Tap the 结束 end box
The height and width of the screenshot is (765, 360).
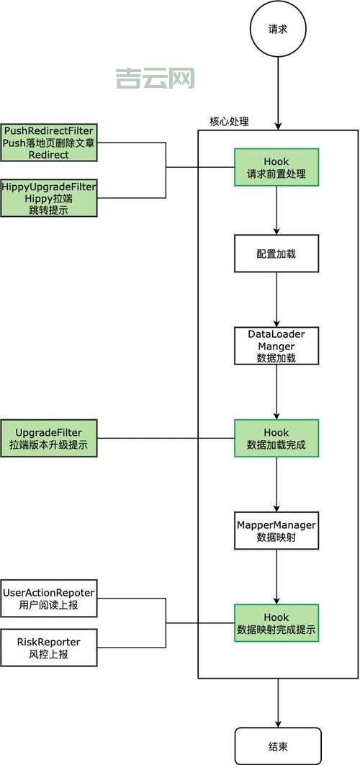(x=277, y=746)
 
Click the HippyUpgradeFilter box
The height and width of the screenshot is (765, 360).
(x=49, y=198)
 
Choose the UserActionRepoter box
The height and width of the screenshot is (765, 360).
(x=49, y=599)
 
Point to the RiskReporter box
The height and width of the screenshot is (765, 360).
(x=49, y=648)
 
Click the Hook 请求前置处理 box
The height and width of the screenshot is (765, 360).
(x=276, y=168)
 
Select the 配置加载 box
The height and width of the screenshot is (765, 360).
(x=276, y=255)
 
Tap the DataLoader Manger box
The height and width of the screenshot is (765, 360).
(x=276, y=346)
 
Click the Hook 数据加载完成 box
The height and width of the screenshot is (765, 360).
(x=276, y=439)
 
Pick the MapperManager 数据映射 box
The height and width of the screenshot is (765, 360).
(x=276, y=529)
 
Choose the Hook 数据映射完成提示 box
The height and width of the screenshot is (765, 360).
(x=276, y=623)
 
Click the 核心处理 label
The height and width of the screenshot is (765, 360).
(x=229, y=122)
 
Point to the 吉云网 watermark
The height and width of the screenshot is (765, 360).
(x=155, y=78)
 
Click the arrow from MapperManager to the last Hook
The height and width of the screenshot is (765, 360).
(x=276, y=576)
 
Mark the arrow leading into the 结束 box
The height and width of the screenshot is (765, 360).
(x=277, y=702)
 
